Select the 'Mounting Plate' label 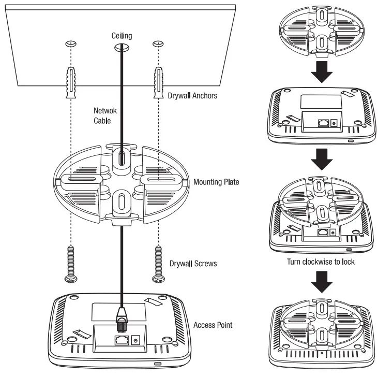216,182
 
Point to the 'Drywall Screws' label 193,263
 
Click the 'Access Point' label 213,325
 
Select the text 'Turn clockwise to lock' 321,262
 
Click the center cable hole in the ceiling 122,47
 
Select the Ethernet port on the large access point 122,340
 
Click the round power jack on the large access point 137,340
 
